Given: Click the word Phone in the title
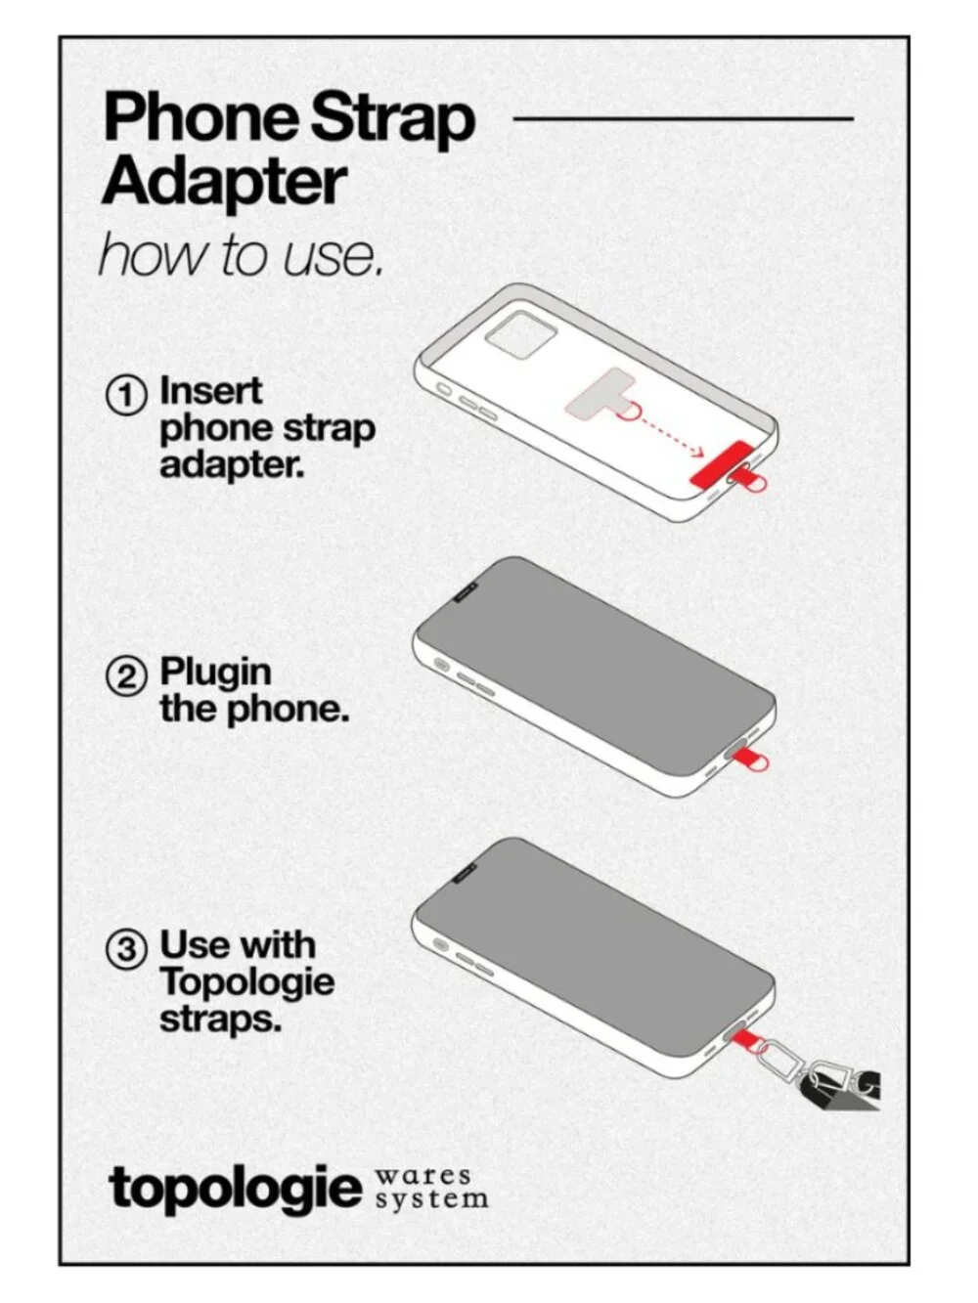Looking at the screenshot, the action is pos(202,117).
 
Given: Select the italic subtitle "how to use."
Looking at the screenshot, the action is pos(240,255).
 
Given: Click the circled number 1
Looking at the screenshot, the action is pos(126,395).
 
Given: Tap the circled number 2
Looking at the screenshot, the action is pos(126,676).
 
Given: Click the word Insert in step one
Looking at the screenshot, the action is pos(211,391).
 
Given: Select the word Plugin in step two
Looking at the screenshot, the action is pos(215,674).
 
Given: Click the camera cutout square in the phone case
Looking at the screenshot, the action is pos(520,335).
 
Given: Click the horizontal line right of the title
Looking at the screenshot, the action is pos(684,118).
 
